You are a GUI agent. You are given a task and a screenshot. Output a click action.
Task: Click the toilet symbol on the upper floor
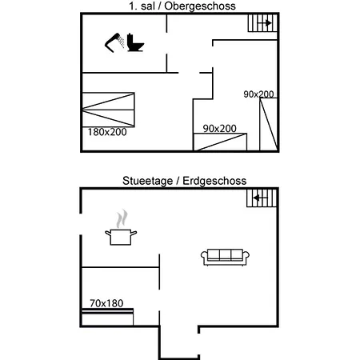(x=135, y=43)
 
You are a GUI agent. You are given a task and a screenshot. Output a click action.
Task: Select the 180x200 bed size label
(x=106, y=131)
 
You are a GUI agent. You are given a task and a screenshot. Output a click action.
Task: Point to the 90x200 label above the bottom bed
(x=219, y=128)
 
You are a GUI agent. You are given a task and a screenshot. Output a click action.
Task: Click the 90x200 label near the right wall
(x=258, y=94)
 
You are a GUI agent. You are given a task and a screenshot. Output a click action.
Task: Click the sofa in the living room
(x=226, y=256)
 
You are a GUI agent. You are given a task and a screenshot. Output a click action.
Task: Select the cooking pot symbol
(x=120, y=236)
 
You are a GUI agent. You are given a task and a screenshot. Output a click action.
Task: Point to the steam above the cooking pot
(x=121, y=218)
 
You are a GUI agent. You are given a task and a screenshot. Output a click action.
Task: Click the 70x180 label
(x=106, y=303)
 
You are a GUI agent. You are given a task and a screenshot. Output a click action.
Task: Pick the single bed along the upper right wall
(x=267, y=125)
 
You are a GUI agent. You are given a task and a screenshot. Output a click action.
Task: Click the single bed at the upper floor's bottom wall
(x=220, y=142)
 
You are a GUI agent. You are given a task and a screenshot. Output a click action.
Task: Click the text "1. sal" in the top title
(x=142, y=6)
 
